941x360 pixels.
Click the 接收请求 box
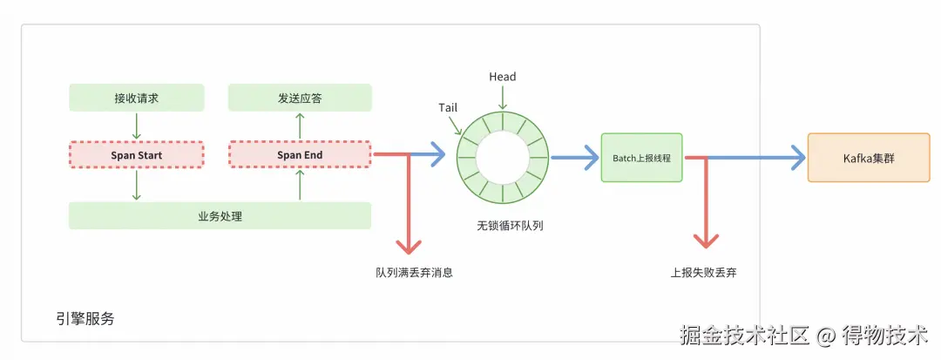tap(136, 98)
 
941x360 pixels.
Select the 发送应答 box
tap(300, 98)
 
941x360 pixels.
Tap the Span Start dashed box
tap(136, 155)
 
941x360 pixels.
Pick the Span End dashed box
tap(300, 155)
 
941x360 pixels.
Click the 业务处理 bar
tap(220, 215)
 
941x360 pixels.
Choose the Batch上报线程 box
tap(641, 158)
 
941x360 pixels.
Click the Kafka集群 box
tap(868, 158)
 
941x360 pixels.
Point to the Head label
tap(502, 77)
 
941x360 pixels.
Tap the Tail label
tap(449, 107)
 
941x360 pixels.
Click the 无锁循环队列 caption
tap(504, 226)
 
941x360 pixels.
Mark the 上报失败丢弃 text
tap(703, 272)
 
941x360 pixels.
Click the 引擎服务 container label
tap(85, 318)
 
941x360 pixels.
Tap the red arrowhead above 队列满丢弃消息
tap(407, 246)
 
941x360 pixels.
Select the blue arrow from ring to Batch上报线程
tap(575, 158)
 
